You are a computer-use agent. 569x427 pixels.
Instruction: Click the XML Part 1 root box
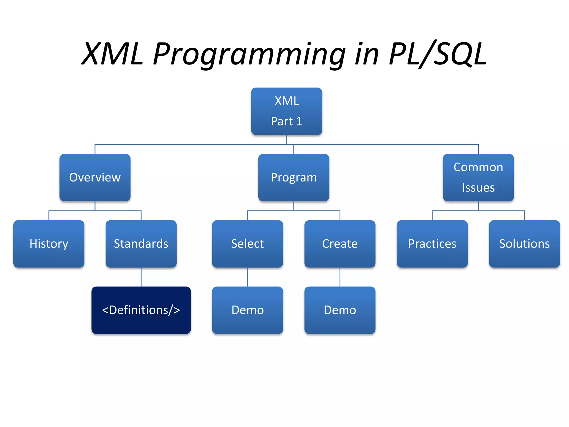click(286, 111)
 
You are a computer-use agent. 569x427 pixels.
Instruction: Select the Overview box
click(95, 177)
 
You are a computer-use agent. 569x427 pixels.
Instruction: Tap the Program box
click(294, 177)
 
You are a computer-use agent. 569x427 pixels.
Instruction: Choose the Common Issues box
click(478, 177)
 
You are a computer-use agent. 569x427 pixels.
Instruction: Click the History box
click(49, 244)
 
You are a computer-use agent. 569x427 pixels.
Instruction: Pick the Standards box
click(141, 244)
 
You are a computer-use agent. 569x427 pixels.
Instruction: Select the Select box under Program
click(247, 244)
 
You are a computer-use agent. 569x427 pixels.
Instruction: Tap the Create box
click(340, 244)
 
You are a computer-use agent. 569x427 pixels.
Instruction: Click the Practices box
click(432, 244)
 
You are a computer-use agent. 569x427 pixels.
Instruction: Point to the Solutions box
click(524, 244)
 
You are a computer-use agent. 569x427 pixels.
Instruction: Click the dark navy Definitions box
click(141, 310)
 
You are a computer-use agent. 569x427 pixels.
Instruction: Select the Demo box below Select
click(247, 310)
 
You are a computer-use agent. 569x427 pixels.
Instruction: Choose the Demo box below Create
click(340, 310)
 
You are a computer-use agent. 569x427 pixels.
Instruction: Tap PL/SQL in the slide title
click(438, 54)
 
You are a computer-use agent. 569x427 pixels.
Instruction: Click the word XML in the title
click(113, 54)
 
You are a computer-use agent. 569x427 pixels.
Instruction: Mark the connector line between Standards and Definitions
click(141, 277)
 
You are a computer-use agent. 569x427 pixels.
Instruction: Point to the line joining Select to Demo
click(248, 277)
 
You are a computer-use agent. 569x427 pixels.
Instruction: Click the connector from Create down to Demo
click(340, 277)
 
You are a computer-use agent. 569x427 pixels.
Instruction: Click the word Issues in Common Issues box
click(478, 188)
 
